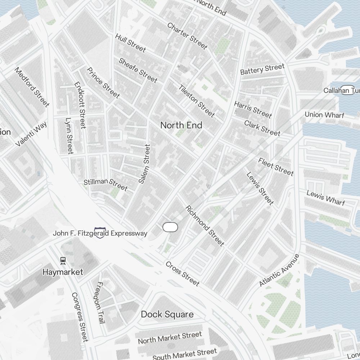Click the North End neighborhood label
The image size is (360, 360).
pos(181,125)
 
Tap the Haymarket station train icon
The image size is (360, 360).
pos(63,260)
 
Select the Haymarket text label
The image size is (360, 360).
pos(63,272)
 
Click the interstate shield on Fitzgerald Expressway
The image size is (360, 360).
pos(100,233)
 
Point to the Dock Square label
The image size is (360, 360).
pos(167,314)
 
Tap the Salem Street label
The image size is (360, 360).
pos(144,164)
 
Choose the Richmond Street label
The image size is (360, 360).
pos(204,226)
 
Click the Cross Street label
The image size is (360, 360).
pos(182,274)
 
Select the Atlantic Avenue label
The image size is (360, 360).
pos(279,270)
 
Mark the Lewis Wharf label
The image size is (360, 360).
pos(325,198)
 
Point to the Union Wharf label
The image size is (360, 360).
pos(324,115)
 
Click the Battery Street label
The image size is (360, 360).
pos(262,69)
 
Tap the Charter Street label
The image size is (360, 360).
pos(187,36)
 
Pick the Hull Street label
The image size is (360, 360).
pos(130,42)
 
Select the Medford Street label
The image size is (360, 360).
pos(32,87)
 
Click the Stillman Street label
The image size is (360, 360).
pos(105,184)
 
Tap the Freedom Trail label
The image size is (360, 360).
pos(99,302)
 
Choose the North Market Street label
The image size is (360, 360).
pos(170,338)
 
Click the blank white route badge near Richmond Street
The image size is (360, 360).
pos(170,227)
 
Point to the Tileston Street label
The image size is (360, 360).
pos(197,101)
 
